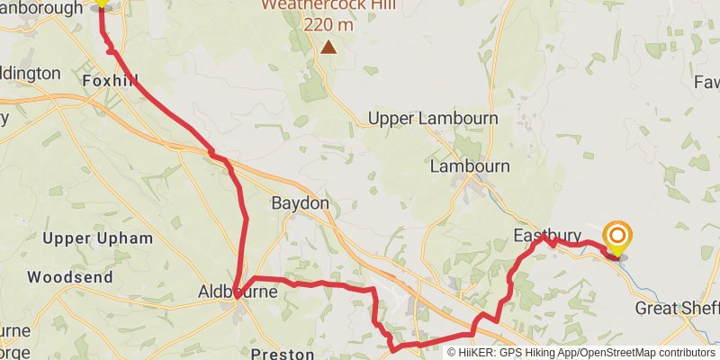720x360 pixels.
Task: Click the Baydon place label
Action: [301, 203]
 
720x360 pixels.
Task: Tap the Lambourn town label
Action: [469, 166]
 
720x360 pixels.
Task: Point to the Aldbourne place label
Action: [238, 292]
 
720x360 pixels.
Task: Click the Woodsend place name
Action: [70, 277]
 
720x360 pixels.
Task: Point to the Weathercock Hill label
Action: [319, 5]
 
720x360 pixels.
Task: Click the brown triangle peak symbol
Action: [329, 47]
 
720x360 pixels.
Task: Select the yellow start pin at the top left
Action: [102, 3]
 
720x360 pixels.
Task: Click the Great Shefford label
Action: [677, 309]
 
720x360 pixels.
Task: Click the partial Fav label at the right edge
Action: [706, 82]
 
